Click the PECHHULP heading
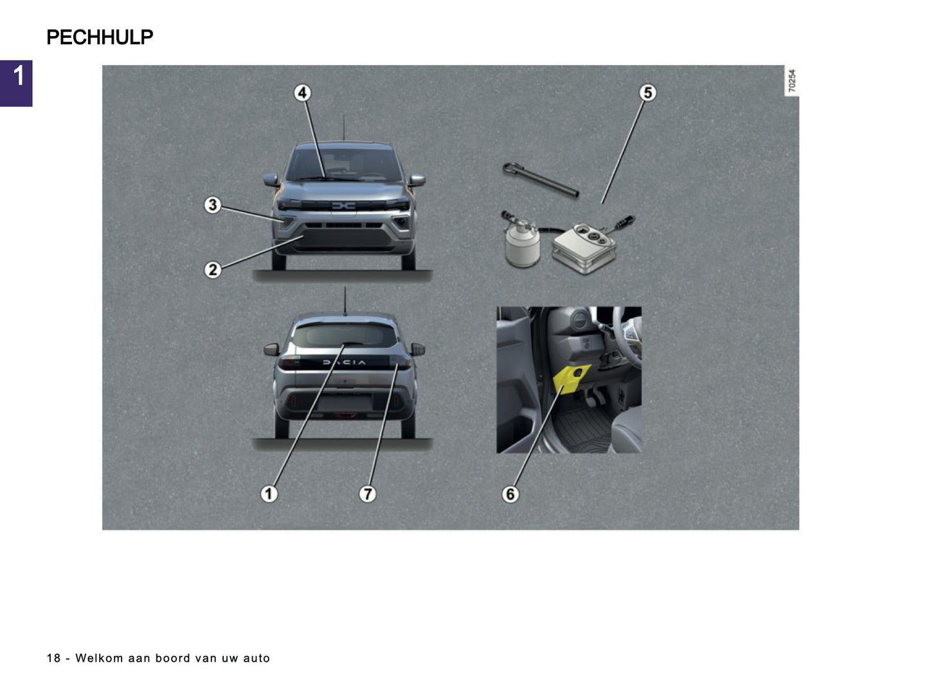(100, 37)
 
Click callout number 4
(302, 93)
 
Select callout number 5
(647, 93)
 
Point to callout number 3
(212, 205)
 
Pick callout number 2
(212, 270)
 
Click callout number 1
(269, 494)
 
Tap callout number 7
(367, 494)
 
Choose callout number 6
(510, 494)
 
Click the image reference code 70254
(791, 80)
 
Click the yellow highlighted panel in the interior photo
(570, 377)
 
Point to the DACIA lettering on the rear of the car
(344, 363)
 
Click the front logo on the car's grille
(343, 206)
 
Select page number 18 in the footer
(53, 658)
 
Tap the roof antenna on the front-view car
(344, 127)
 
